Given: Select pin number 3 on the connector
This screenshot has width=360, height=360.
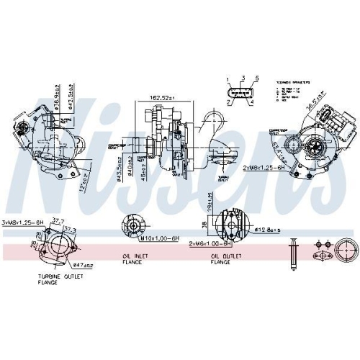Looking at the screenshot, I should tap(243, 78).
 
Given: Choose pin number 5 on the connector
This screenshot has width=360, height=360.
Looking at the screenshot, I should tap(255, 78).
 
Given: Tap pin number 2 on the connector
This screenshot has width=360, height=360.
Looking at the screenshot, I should tap(228, 103).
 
